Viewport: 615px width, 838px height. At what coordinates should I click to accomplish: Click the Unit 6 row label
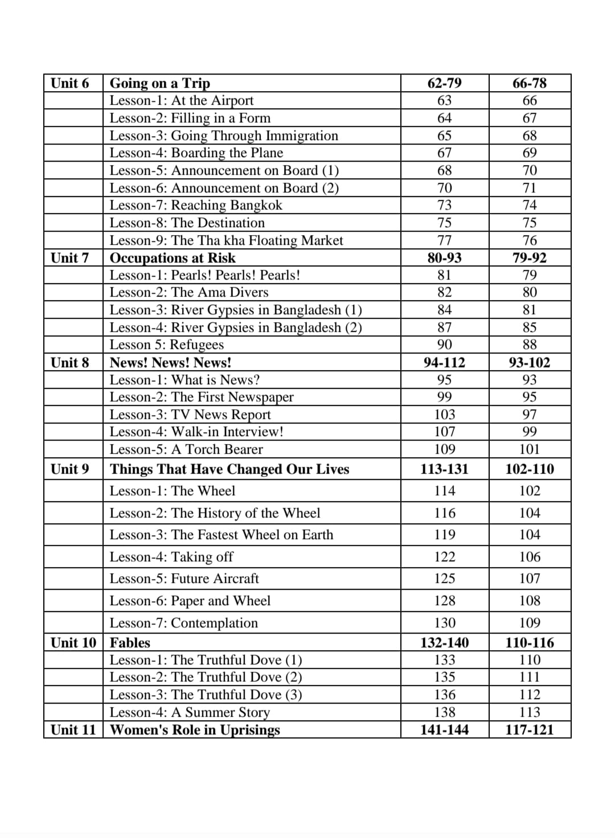(x=70, y=83)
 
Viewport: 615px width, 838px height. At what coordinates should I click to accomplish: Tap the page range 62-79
(x=444, y=83)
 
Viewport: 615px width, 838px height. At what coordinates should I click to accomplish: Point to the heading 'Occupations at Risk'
(x=172, y=258)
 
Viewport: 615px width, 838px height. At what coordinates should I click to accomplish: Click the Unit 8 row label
(x=70, y=363)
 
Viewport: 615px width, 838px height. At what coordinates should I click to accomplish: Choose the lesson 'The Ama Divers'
(x=188, y=292)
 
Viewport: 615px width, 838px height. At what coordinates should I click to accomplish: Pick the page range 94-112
(x=444, y=363)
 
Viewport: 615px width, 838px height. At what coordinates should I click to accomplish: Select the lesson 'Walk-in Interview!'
(x=196, y=432)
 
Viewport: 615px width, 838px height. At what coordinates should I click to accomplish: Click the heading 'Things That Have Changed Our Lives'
(x=229, y=469)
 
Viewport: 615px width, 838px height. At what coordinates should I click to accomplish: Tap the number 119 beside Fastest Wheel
(x=444, y=535)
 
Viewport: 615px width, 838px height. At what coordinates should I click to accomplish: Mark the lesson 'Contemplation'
(x=183, y=623)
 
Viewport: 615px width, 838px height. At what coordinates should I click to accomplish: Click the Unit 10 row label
(x=73, y=643)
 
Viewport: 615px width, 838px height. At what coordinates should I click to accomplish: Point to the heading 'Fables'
(x=130, y=643)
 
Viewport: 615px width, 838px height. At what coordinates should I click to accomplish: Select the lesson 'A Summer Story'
(x=190, y=712)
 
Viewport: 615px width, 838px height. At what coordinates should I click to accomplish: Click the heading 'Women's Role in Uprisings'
(x=195, y=730)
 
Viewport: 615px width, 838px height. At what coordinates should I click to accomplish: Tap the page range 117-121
(x=530, y=730)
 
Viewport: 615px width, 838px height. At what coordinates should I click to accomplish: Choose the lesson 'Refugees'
(x=166, y=344)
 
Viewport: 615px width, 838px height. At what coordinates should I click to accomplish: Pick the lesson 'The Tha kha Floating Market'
(x=226, y=240)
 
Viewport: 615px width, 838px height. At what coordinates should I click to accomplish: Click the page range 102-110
(x=530, y=469)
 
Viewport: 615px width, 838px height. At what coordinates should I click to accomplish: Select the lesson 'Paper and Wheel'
(x=190, y=601)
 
